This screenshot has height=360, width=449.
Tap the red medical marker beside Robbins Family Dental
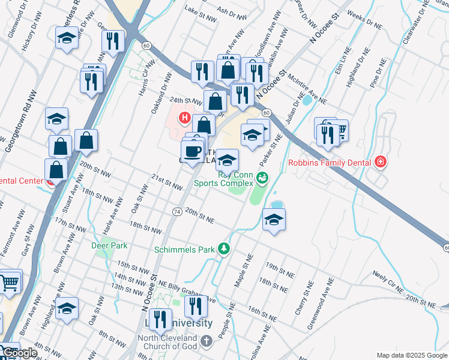coord(379,162)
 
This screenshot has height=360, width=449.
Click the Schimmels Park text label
coord(184,249)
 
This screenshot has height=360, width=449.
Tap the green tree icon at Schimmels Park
coord(224,248)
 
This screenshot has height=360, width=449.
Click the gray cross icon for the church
coord(206,342)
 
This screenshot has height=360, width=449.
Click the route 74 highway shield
coord(176,212)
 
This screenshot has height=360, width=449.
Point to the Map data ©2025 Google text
coord(411,355)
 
